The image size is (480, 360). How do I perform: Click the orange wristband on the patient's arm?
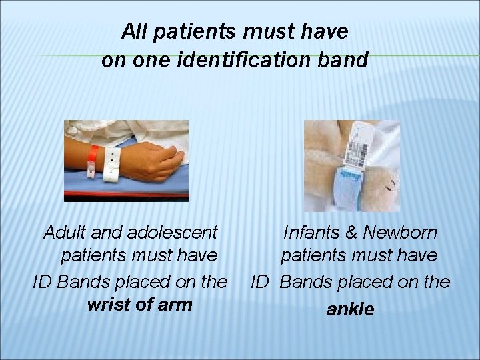pos(96,155)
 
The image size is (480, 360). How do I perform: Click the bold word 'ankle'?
pos(350,309)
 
